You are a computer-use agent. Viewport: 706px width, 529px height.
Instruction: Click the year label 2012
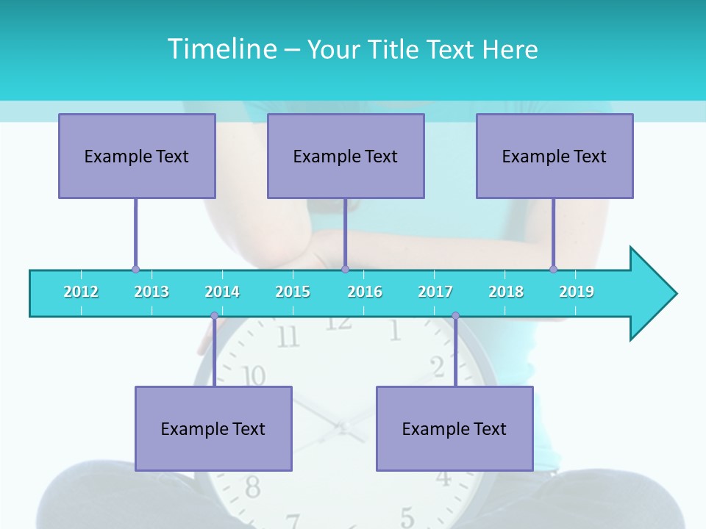(x=81, y=292)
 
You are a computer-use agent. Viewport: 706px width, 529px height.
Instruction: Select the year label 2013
(x=151, y=292)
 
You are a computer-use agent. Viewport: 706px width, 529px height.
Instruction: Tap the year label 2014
(x=222, y=292)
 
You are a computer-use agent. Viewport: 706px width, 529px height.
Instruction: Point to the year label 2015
(x=293, y=292)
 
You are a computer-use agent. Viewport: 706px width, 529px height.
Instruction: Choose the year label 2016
(x=365, y=292)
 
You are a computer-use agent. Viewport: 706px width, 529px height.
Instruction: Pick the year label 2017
(x=435, y=292)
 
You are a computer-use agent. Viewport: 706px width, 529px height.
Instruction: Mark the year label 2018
(x=506, y=292)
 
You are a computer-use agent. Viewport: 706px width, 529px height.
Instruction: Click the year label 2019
(x=577, y=292)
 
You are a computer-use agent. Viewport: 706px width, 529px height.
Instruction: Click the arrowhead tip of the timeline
(x=675, y=294)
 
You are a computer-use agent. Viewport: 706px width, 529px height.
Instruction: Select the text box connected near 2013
(x=137, y=156)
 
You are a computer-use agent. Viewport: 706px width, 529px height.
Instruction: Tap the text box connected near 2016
(x=346, y=156)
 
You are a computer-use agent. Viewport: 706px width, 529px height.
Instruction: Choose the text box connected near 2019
(x=555, y=156)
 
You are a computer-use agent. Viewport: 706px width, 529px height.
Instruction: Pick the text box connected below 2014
(x=213, y=428)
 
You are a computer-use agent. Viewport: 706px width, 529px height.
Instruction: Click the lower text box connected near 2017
(x=454, y=428)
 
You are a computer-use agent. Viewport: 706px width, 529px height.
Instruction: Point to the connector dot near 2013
(x=135, y=270)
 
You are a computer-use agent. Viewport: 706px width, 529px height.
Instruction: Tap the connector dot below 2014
(x=214, y=316)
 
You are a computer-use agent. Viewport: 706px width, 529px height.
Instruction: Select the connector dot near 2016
(x=345, y=270)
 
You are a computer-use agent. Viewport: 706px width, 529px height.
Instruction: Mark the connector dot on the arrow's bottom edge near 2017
(x=455, y=316)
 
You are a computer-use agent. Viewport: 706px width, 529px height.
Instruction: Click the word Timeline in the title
(x=221, y=48)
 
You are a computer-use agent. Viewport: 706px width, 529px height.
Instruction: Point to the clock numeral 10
(x=254, y=376)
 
